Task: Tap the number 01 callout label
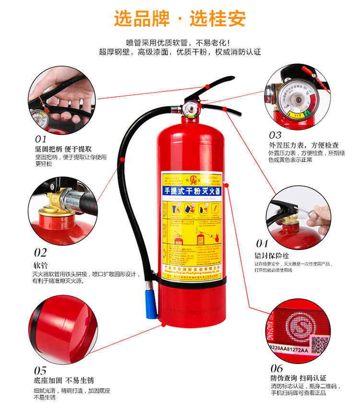click(40, 139)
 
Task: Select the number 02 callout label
click(40, 252)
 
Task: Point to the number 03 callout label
click(275, 135)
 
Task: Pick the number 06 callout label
click(277, 368)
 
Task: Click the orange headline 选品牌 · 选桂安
click(180, 19)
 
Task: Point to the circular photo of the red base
click(62, 326)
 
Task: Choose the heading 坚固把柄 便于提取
click(63, 149)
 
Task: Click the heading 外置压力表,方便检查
click(303, 145)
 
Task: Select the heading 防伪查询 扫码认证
click(299, 378)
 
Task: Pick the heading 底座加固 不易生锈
click(63, 381)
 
